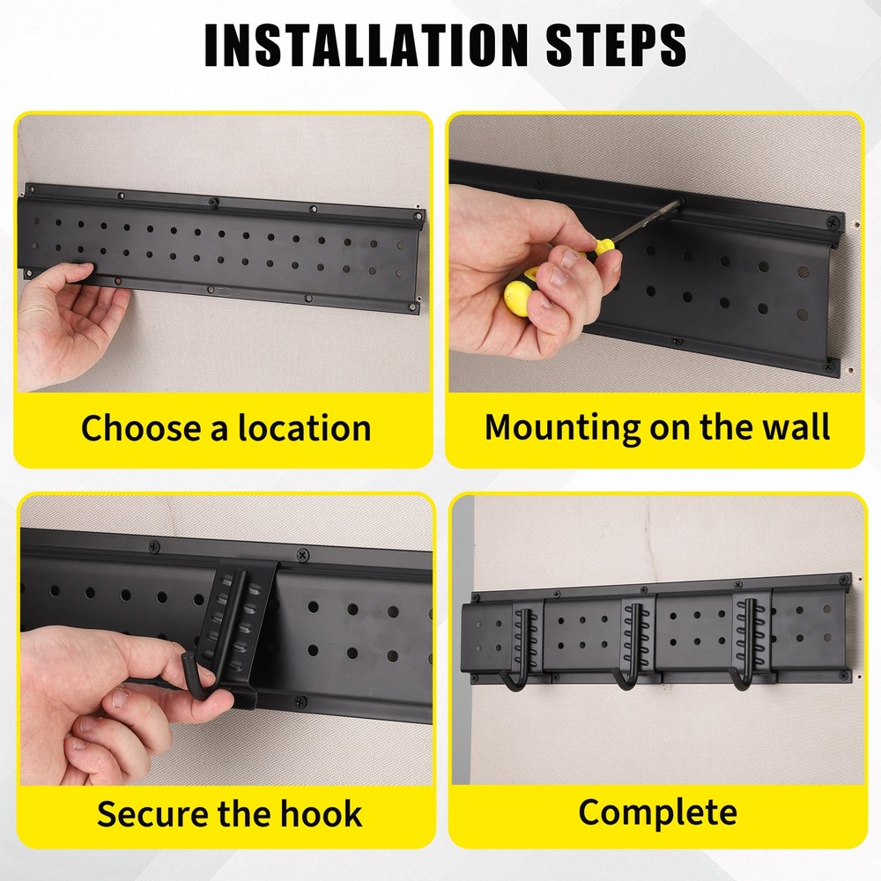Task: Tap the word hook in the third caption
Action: tap(323, 812)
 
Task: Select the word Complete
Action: tap(657, 811)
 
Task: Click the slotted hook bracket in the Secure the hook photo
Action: tap(233, 617)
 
